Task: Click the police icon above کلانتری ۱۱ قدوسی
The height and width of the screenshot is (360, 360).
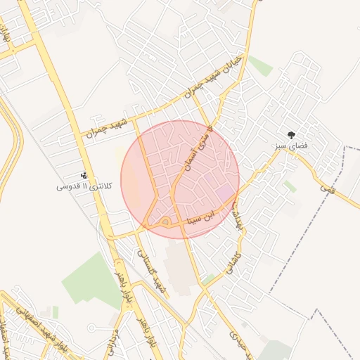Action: (84, 175)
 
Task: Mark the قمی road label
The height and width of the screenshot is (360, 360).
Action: (324, 188)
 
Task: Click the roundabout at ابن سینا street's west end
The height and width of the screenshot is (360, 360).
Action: (164, 223)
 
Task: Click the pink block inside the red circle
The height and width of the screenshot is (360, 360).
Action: (224, 192)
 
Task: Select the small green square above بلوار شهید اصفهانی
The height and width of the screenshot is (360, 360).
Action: (55, 310)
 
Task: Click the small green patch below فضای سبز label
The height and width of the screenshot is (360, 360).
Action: (290, 186)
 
